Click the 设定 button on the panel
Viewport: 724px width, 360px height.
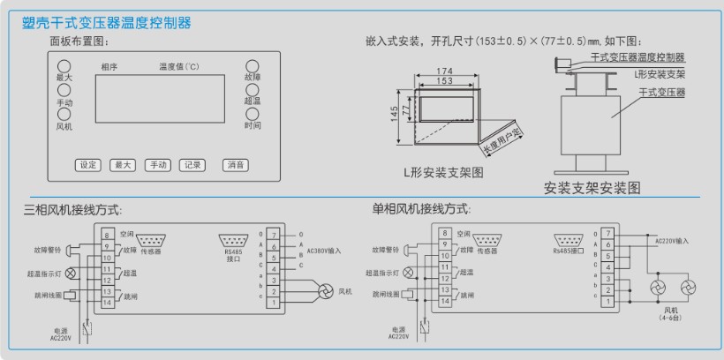[x=88, y=164]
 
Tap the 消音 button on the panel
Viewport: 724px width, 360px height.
[x=235, y=164]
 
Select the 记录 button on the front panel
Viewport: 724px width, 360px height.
[x=192, y=164]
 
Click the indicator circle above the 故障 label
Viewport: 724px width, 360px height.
[x=253, y=66]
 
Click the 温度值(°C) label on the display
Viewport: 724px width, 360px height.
[x=179, y=66]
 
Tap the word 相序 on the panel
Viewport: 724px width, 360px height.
[x=109, y=66]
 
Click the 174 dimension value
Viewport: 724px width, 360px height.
[x=444, y=71]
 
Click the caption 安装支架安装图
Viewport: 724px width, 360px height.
[x=592, y=188]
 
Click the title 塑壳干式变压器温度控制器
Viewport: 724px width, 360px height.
[x=106, y=23]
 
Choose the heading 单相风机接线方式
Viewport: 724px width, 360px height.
[x=420, y=209]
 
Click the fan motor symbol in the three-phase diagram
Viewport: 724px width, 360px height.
[x=324, y=290]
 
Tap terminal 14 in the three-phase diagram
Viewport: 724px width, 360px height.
[x=106, y=303]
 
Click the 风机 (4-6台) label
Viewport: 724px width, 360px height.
[x=671, y=315]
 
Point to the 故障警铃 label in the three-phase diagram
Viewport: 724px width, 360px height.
[x=43, y=250]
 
